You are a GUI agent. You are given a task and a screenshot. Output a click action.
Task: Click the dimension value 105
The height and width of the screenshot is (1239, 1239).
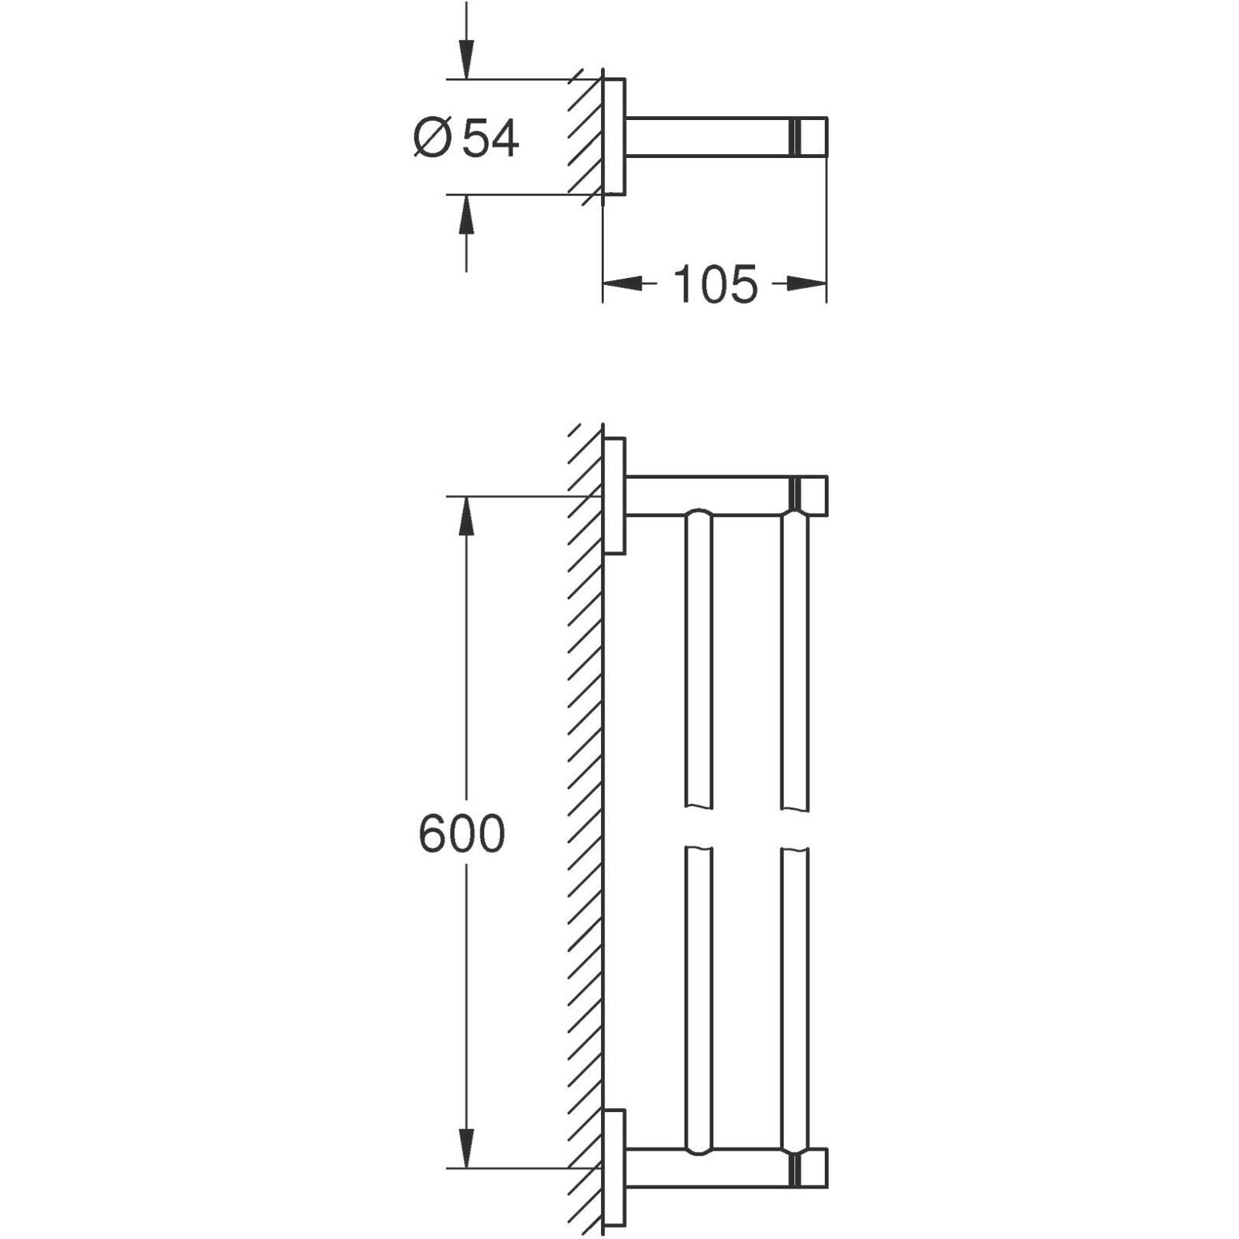click(x=714, y=284)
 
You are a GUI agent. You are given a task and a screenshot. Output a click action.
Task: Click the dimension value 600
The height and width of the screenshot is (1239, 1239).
click(x=462, y=834)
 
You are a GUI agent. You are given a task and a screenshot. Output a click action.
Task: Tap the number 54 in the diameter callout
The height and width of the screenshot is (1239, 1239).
click(x=490, y=139)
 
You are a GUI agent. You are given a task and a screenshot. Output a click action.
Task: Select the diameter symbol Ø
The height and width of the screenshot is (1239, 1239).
click(x=432, y=139)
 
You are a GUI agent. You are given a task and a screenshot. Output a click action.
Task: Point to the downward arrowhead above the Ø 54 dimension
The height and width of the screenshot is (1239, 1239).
click(x=465, y=59)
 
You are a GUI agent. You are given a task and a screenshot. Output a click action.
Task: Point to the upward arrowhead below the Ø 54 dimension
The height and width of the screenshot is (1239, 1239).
click(x=465, y=215)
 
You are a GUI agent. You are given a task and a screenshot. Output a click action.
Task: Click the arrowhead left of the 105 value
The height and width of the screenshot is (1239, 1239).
click(x=623, y=284)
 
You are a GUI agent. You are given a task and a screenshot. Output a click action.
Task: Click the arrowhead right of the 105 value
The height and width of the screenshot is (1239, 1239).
click(x=807, y=284)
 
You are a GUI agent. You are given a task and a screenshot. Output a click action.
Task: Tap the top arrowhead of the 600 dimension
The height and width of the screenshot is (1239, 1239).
click(x=465, y=516)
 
